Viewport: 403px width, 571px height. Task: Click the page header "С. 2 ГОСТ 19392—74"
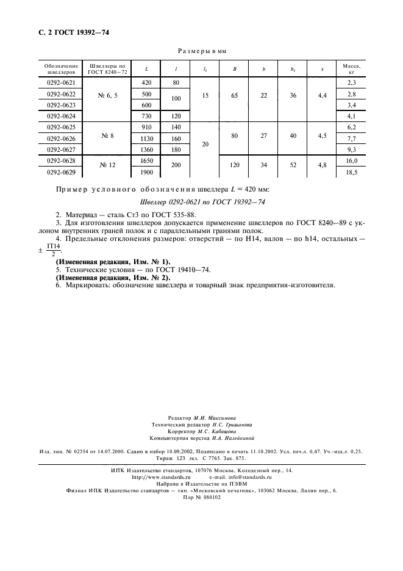[70, 32]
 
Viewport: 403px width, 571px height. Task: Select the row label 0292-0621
[61, 82]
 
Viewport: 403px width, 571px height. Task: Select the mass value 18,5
[351, 174]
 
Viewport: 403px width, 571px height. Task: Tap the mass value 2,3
[351, 82]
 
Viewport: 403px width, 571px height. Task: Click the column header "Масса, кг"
[351, 68]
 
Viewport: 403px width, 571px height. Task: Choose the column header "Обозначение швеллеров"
[61, 68]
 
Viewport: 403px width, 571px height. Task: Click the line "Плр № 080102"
[202, 497]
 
